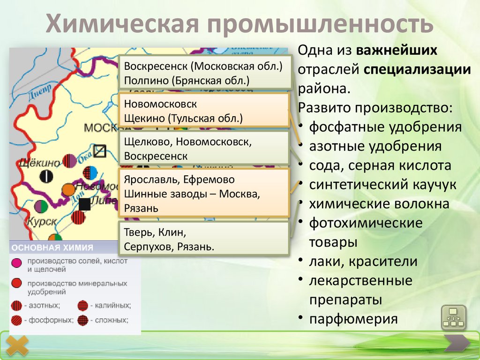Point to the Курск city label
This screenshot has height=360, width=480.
point(42,220)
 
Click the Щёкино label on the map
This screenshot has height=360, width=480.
point(40,163)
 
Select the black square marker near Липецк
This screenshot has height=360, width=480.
point(84,204)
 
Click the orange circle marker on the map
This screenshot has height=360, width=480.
point(68,189)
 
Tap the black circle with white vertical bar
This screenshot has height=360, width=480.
point(46,176)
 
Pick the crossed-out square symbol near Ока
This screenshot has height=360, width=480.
point(100,151)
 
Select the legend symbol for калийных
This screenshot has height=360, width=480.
point(82,306)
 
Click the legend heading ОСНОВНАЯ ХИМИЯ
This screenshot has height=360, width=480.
point(52,247)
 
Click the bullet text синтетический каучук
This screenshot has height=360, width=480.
point(382,184)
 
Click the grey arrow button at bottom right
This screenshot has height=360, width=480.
point(457,344)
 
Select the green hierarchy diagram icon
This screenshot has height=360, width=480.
point(453,318)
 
